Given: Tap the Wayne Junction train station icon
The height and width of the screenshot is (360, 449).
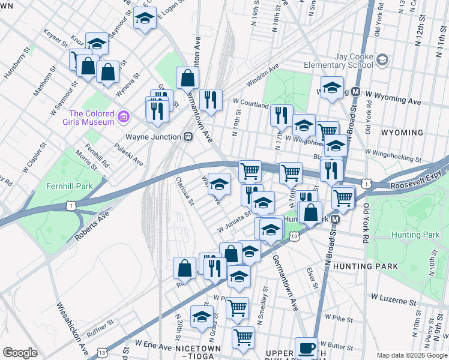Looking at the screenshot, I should tap(188, 137).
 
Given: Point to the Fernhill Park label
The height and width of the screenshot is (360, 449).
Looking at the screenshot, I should tap(69, 186).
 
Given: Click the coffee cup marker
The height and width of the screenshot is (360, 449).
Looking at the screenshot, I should tap(306, 347).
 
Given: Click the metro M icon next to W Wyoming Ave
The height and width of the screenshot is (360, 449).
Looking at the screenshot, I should tap(355, 92).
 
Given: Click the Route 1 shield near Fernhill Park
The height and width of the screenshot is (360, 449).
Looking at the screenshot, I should tap(71, 206).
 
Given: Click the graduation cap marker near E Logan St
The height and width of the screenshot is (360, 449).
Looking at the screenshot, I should tap(145, 20).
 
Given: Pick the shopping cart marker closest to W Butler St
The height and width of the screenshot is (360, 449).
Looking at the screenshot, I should tap(243, 338).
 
